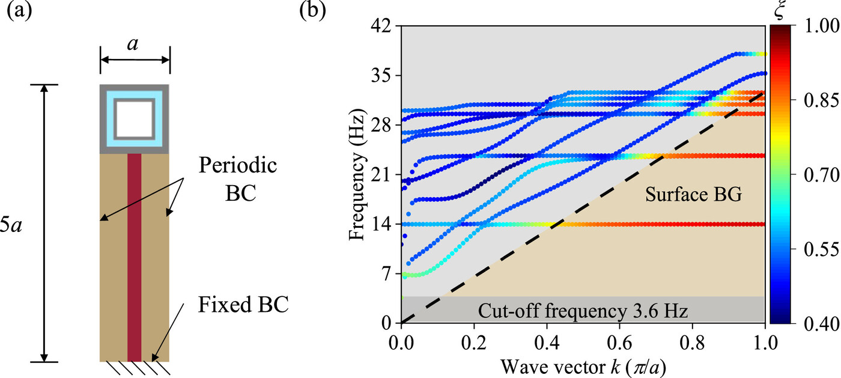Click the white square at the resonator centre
click(x=135, y=119)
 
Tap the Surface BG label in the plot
click(x=684, y=194)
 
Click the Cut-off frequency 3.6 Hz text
click(x=583, y=311)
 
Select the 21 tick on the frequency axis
click(x=382, y=175)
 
